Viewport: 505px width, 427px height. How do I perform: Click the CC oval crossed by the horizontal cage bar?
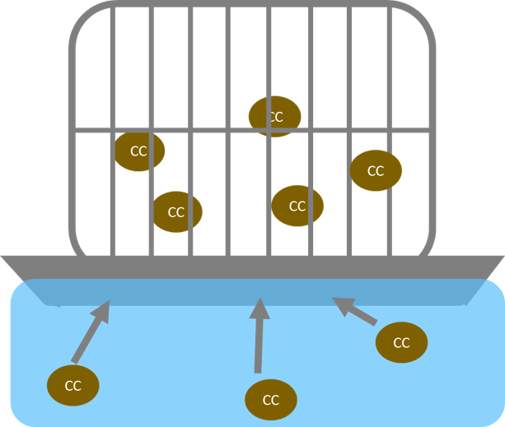[x=274, y=116]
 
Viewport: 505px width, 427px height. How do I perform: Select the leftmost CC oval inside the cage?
[x=139, y=151]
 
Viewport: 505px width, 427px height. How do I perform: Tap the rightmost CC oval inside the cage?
[x=376, y=170]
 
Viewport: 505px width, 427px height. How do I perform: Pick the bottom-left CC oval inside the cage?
[x=176, y=211]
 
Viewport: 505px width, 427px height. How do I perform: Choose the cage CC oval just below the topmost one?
[x=297, y=206]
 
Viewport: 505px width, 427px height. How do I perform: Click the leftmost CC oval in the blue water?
[x=73, y=386]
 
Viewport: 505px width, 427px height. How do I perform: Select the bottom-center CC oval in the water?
[x=271, y=400]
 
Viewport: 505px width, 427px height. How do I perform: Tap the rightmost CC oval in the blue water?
[x=402, y=342]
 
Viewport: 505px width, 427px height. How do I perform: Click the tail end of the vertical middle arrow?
[x=258, y=373]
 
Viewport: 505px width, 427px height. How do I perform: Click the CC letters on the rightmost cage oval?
[x=376, y=171]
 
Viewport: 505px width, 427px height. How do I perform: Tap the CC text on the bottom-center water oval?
[x=271, y=401]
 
